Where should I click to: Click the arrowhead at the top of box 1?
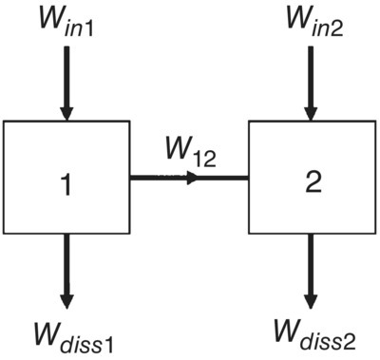pos(66,112)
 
